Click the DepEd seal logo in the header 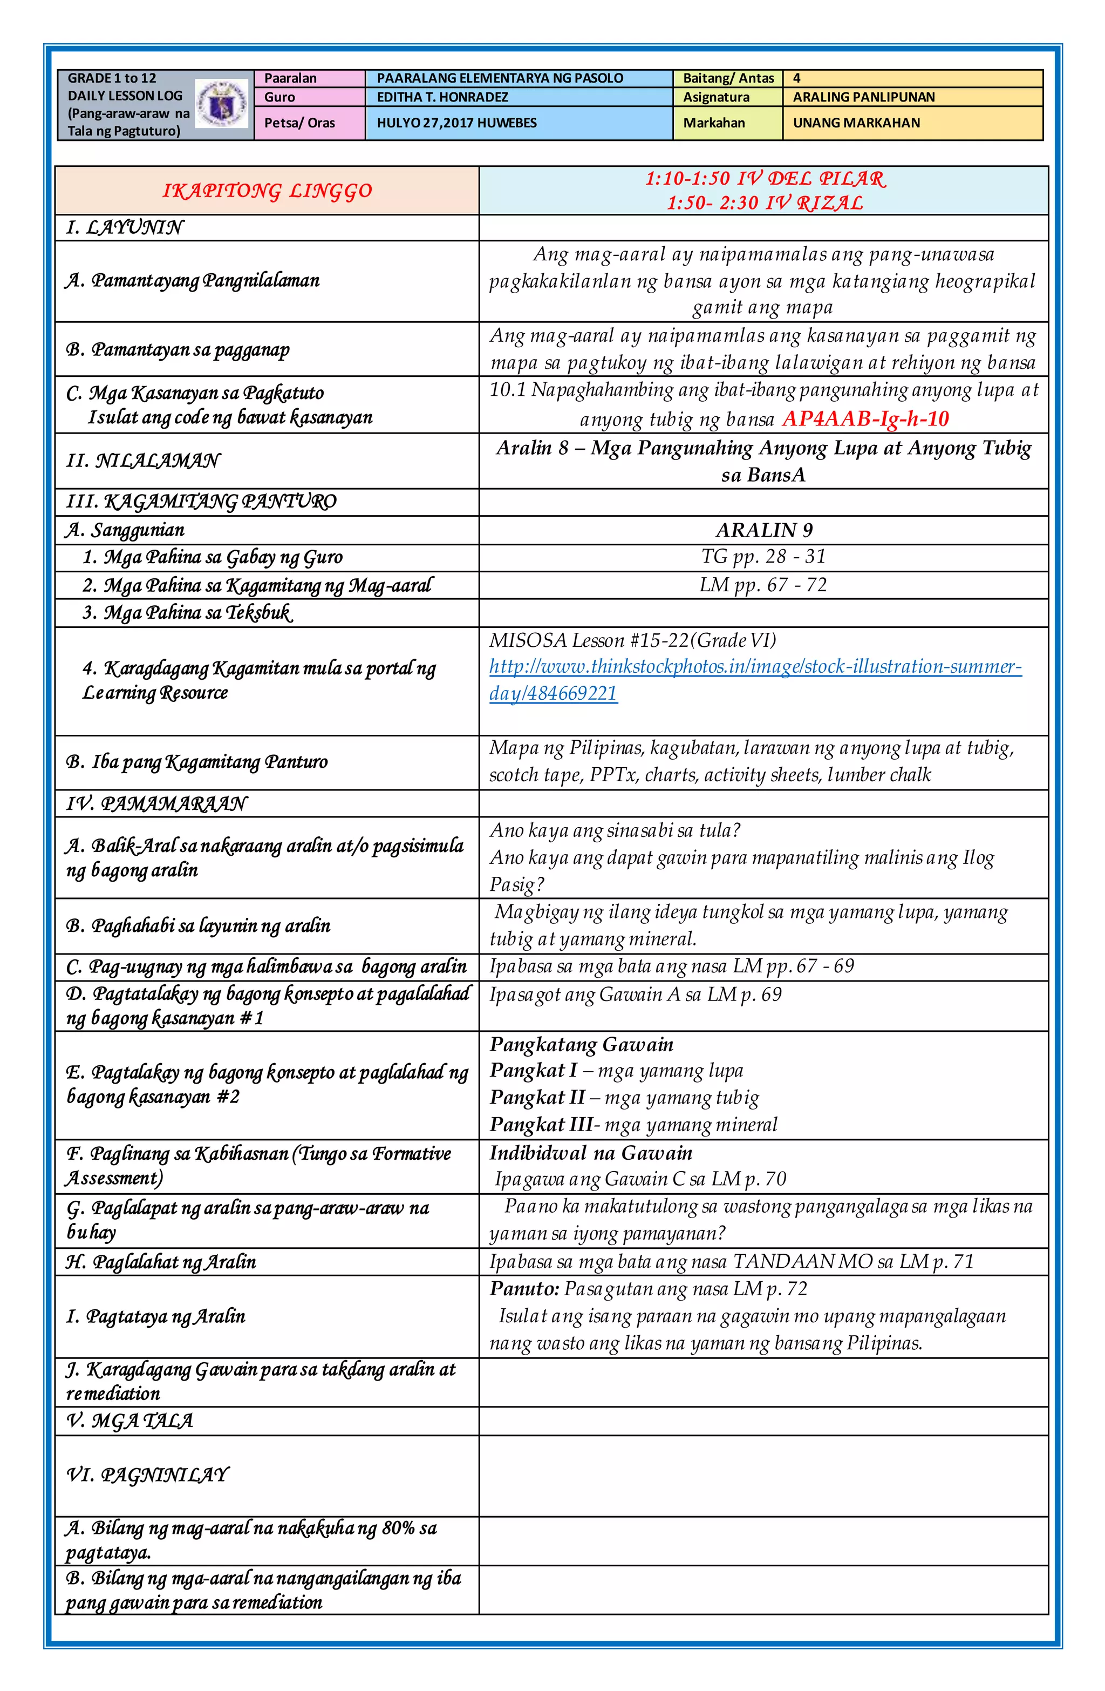click(222, 104)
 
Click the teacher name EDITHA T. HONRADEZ click(442, 97)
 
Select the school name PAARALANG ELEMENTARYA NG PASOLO click(499, 78)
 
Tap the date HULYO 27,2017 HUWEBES click(456, 123)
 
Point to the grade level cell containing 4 click(797, 78)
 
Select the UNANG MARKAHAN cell click(856, 123)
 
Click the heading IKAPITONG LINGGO click(267, 191)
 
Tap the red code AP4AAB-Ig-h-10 click(865, 419)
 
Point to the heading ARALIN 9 click(763, 531)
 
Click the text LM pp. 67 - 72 click(763, 585)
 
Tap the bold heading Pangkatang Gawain click(581, 1044)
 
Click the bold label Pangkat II click(536, 1098)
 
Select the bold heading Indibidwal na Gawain click(590, 1153)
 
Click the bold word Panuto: click(524, 1289)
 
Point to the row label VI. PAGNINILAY click(148, 1475)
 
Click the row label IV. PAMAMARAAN click(156, 803)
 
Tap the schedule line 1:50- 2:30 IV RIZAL click(764, 203)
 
